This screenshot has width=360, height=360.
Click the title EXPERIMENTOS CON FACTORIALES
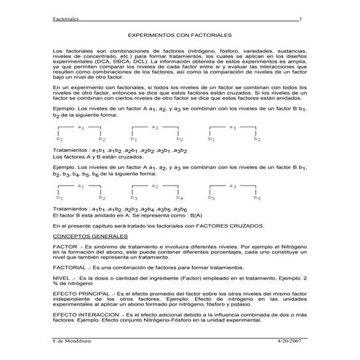point(180,34)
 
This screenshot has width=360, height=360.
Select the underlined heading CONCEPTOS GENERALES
point(90,237)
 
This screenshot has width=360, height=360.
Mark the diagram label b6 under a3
point(257,197)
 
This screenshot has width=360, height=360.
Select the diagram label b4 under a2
point(180,197)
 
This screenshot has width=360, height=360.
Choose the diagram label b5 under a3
point(211,197)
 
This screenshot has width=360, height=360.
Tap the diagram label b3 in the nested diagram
point(134,197)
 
